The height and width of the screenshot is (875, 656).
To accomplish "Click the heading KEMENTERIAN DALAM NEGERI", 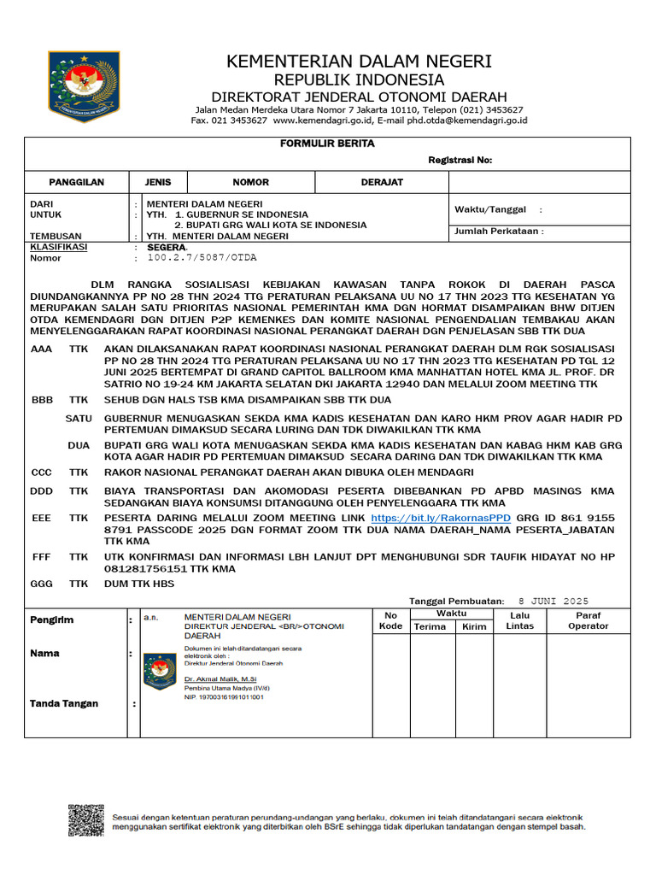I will click(359, 62).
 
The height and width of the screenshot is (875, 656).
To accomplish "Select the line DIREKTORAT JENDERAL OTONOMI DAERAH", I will click(359, 97).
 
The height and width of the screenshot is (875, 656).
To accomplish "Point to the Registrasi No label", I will click(460, 161).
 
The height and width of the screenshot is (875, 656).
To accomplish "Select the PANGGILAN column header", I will click(76, 182).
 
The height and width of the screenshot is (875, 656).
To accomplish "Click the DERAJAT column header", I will click(382, 182).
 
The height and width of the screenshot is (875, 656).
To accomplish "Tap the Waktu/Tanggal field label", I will click(491, 209).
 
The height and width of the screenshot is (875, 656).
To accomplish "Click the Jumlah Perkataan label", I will click(499, 231).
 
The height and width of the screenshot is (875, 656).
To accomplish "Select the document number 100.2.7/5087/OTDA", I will click(202, 257).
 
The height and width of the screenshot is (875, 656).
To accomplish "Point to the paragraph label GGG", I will click(42, 584).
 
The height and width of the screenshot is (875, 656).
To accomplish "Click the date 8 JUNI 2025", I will click(554, 601).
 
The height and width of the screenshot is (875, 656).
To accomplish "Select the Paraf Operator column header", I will click(588, 620).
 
